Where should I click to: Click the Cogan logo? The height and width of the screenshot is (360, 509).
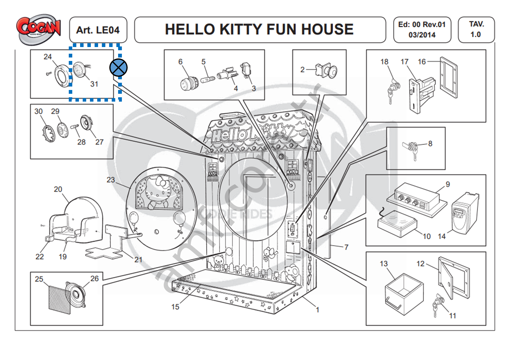click(38, 29)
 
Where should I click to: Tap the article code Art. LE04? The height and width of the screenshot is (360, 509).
click(98, 30)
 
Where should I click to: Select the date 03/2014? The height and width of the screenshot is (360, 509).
click(422, 35)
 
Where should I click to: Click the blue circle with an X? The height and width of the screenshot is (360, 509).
click(118, 67)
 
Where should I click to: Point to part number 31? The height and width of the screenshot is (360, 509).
click(94, 84)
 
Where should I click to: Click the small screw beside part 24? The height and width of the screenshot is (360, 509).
click(48, 74)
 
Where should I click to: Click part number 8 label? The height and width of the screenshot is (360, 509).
click(430, 143)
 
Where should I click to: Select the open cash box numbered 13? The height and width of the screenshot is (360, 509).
click(403, 294)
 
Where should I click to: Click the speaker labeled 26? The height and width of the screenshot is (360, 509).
click(76, 294)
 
